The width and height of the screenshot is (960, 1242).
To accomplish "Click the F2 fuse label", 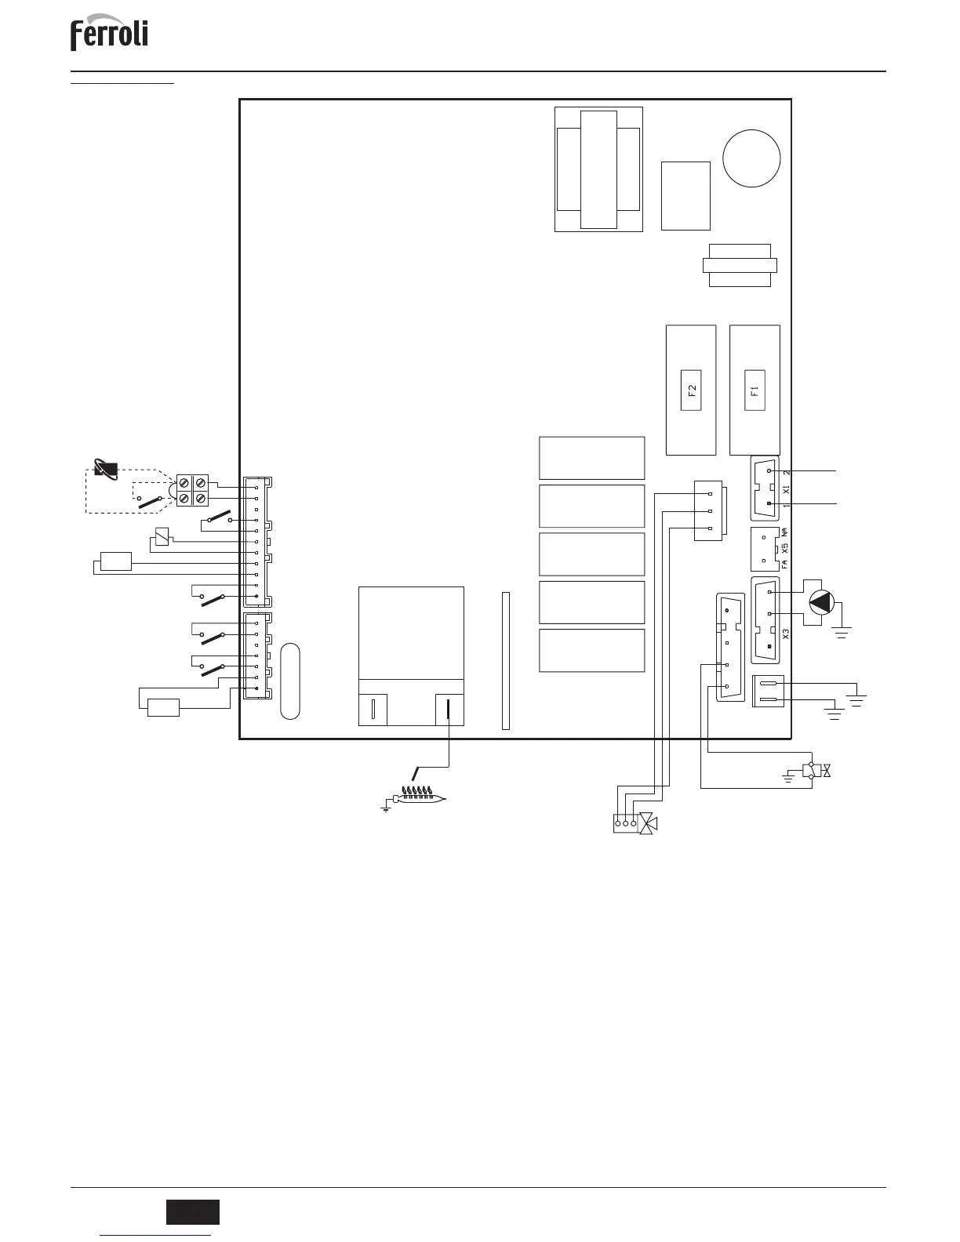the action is click(x=691, y=390).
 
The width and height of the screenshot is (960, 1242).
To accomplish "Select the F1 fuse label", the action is click(x=755, y=390).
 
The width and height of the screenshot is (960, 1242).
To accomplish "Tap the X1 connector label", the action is click(x=786, y=490).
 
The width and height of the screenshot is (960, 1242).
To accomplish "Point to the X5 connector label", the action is click(x=784, y=548).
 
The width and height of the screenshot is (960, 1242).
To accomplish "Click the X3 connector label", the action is click(x=786, y=634).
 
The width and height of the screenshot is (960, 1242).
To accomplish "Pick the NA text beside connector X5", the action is click(x=784, y=532).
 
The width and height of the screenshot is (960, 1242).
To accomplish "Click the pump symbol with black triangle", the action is click(x=822, y=601).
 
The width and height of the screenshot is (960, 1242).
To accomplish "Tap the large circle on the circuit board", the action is click(x=751, y=158).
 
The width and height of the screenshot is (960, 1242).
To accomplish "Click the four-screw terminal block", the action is click(x=192, y=490).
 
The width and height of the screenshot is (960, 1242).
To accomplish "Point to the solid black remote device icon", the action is click(x=106, y=470).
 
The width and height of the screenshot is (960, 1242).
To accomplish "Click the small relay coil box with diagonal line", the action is click(x=162, y=536).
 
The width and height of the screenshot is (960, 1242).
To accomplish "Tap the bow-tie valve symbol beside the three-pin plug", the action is click(x=648, y=823).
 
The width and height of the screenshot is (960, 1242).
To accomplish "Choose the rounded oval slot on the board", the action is click(x=290, y=681).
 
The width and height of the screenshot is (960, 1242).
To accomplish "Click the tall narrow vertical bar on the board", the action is click(x=505, y=661).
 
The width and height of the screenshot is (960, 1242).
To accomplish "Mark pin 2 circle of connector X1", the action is click(x=769, y=471).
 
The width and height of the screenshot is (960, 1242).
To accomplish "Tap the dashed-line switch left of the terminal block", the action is click(x=150, y=502).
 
